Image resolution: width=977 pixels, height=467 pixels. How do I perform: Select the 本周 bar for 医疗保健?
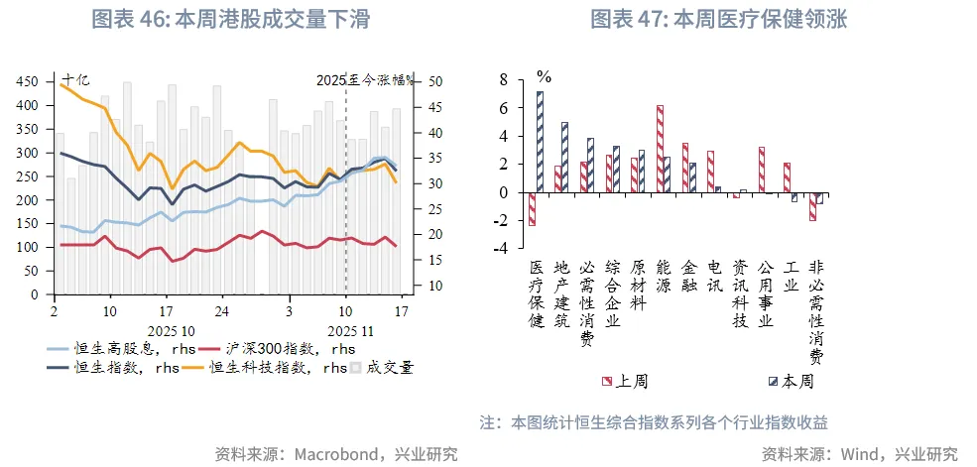pos(541,142)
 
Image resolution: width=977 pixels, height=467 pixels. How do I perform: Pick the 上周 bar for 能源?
pos(660,149)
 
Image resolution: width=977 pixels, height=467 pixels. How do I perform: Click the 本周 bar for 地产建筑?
pos(565,157)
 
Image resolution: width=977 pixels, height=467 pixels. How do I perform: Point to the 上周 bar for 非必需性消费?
pos(812,206)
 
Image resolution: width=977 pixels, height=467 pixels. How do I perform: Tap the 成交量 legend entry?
pos(381,367)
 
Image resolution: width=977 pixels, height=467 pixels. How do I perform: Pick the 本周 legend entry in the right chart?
pos(790,381)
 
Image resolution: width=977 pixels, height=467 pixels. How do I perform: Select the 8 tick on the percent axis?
pos(503,79)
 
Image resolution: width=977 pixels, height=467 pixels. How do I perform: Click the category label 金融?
pos(690,279)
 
